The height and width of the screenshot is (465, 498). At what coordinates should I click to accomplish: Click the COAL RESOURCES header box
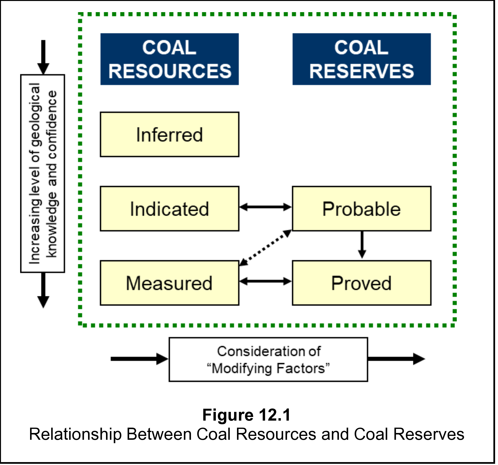click(x=170, y=59)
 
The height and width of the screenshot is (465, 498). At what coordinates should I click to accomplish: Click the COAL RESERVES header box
click(x=362, y=59)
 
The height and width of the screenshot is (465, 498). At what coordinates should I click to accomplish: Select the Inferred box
click(x=170, y=135)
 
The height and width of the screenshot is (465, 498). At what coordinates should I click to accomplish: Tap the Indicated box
click(x=170, y=209)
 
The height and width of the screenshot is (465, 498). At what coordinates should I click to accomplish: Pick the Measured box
click(x=170, y=283)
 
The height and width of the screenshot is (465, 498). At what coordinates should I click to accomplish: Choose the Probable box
click(x=362, y=209)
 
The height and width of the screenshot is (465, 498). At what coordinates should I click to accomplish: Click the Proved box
click(x=362, y=283)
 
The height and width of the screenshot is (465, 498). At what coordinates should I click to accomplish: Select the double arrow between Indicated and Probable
click(x=266, y=207)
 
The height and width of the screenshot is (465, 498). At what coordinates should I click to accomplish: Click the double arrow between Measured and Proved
click(x=266, y=281)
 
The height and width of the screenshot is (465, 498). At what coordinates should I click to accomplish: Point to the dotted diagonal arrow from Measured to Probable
click(x=266, y=248)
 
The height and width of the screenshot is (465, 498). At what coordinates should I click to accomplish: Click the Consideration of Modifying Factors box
click(x=268, y=360)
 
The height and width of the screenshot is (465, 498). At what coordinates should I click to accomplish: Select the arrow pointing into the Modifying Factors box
click(x=139, y=359)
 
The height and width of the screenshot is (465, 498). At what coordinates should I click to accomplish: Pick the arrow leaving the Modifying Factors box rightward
click(x=396, y=359)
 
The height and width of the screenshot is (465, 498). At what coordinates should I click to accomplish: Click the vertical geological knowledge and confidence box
click(x=43, y=173)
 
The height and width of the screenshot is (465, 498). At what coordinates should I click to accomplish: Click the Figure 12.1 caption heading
click(x=246, y=415)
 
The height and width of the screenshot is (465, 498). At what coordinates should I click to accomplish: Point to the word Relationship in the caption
click(x=75, y=434)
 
